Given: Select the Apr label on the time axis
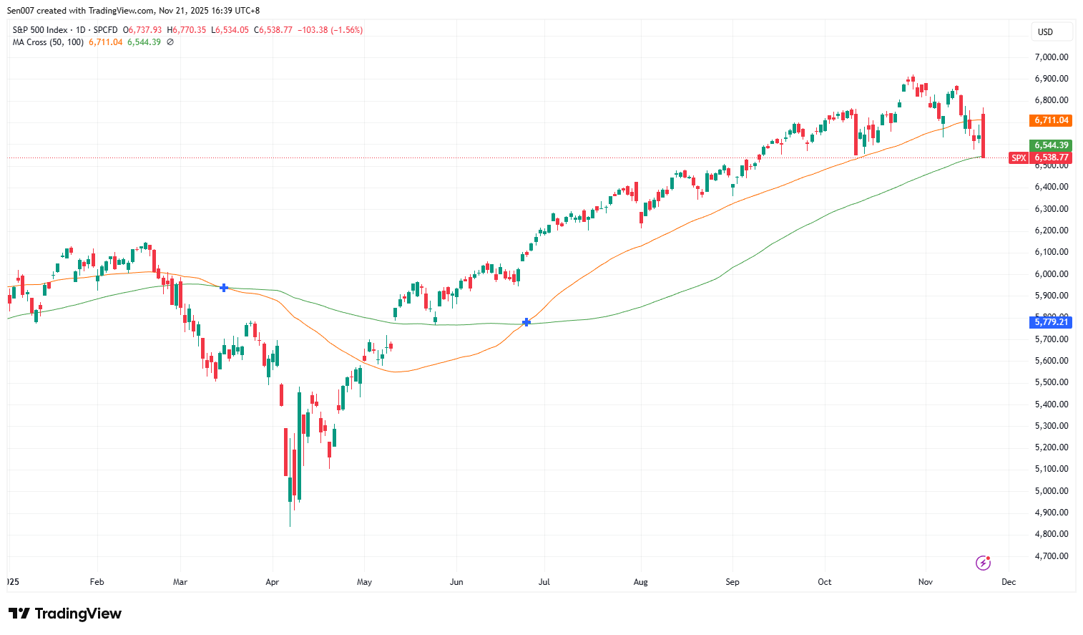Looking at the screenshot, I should (272, 582).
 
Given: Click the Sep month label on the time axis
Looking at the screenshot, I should (732, 582).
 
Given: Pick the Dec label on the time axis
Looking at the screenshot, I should (1009, 582).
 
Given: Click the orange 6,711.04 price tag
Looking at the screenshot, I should (1051, 120).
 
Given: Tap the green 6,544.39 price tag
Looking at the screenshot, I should (1051, 145).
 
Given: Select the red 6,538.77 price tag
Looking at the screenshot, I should (1051, 157).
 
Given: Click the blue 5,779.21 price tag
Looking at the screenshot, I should (1051, 322).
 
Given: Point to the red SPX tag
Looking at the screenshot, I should (1019, 157).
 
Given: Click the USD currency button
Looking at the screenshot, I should (1046, 31).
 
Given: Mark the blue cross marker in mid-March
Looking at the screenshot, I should (224, 288).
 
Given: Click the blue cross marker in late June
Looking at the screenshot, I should (526, 322).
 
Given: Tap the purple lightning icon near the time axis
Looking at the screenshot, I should (983, 563).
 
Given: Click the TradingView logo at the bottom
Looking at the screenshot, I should (65, 614).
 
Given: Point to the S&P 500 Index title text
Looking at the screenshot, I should (40, 30).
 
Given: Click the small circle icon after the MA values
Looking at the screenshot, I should (170, 42).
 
